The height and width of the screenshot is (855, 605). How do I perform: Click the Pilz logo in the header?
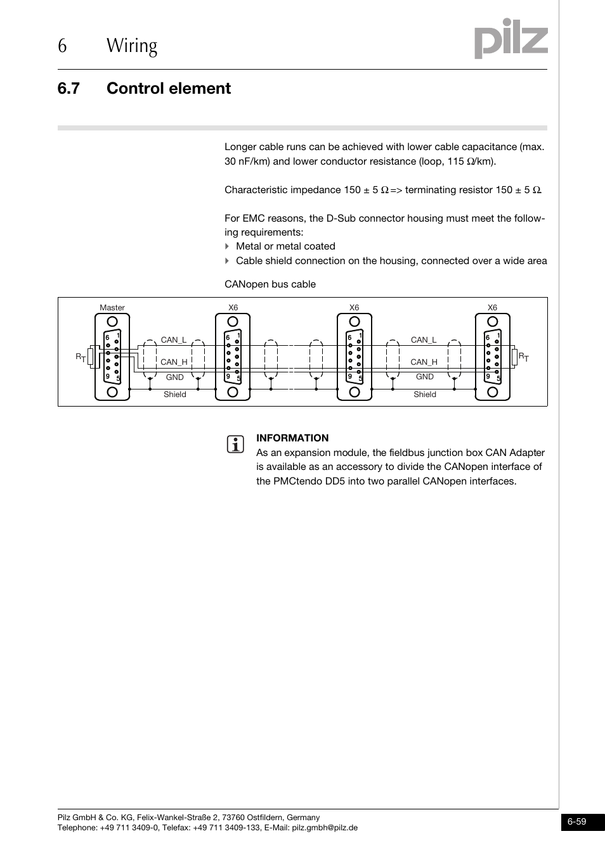tap(511, 39)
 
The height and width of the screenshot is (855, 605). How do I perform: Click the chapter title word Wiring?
tap(132, 46)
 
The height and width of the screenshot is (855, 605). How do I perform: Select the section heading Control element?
tap(169, 89)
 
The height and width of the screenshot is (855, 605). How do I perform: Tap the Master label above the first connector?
tap(112, 308)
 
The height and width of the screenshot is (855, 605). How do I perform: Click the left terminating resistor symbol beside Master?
tap(92, 357)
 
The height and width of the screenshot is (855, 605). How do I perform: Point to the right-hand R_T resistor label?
tap(524, 358)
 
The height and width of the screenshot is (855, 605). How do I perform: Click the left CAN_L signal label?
tap(173, 340)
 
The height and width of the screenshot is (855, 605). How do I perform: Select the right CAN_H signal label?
tap(424, 362)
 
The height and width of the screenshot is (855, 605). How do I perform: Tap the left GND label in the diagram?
tap(174, 377)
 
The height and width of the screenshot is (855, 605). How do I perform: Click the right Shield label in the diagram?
tap(424, 395)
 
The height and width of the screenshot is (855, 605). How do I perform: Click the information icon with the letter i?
tap(235, 445)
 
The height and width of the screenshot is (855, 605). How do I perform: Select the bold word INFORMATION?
tap(292, 438)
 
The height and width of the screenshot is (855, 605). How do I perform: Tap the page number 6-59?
tap(576, 822)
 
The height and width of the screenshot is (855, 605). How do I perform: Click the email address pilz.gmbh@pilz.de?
tap(324, 828)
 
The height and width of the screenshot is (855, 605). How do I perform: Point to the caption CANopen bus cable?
tap(270, 284)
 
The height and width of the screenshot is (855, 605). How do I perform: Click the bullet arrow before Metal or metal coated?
tap(227, 246)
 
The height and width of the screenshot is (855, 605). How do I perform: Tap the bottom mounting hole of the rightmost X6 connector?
tap(492, 391)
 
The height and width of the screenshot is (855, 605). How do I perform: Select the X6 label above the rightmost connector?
tap(492, 308)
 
